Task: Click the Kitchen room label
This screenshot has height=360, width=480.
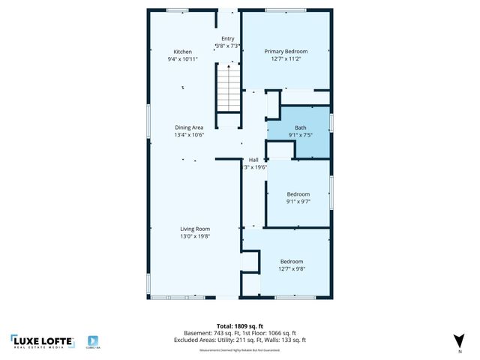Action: [183, 52]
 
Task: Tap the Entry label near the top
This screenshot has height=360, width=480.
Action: [228, 38]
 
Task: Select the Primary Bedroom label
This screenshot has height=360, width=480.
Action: [286, 52]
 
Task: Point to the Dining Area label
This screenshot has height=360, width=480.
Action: [189, 127]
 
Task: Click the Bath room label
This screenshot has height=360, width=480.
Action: [300, 127]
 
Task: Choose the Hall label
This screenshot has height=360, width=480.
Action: [255, 160]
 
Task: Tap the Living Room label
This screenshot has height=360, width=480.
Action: [194, 229]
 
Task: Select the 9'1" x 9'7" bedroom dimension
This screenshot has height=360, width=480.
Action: [298, 201]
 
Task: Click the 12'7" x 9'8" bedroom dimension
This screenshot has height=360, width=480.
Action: [292, 268]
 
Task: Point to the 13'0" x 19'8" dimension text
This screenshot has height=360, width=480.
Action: [194, 236]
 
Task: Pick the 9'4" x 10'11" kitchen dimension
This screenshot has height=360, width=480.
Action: [183, 59]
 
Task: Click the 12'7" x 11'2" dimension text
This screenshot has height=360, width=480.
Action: [286, 59]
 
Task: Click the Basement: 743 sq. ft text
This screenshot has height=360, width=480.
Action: [209, 333]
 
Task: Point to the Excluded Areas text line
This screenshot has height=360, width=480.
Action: [240, 340]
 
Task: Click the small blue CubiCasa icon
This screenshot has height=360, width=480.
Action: [93, 340]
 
